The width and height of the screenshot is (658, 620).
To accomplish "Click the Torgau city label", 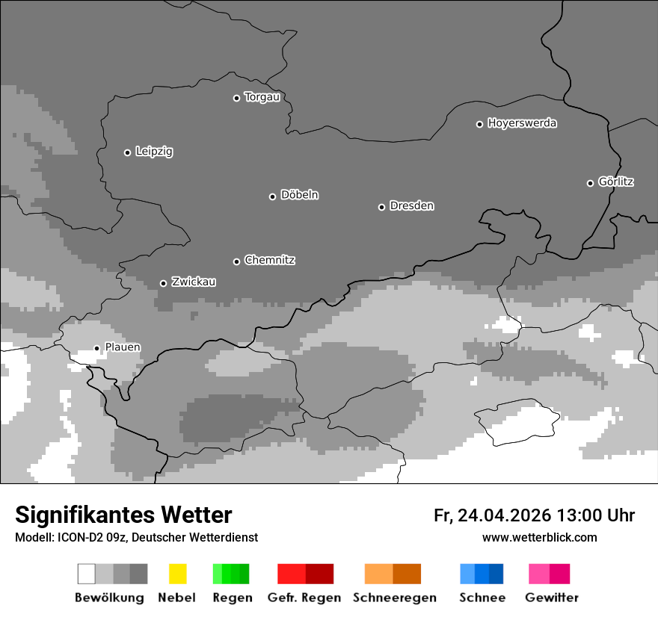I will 262,97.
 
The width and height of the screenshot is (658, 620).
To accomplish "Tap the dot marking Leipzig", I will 127,152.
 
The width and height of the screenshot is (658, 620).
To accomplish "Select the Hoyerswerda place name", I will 522,123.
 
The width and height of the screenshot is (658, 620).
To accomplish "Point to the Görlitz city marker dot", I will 590,183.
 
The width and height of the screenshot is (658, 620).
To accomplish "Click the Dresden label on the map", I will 411,205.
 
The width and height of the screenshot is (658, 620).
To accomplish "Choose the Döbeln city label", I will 299,195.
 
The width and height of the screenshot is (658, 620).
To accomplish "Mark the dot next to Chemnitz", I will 236,261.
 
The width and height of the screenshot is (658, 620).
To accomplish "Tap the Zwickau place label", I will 194,282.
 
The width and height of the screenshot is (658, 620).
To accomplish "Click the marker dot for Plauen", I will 96,348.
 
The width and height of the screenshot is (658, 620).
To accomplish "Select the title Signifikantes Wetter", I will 123,515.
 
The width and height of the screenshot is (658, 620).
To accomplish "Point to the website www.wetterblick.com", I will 539,537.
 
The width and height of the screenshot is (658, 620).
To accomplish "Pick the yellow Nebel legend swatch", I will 177,574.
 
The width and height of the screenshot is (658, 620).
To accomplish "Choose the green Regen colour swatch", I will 231,574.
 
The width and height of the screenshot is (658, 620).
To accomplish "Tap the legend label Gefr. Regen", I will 304,598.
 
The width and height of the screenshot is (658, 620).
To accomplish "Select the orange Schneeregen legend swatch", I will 393,574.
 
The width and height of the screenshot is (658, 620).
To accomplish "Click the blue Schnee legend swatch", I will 482,574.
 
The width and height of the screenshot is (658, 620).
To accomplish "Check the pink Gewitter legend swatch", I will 549,574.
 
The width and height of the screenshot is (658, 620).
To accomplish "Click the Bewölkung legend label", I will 109,598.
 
